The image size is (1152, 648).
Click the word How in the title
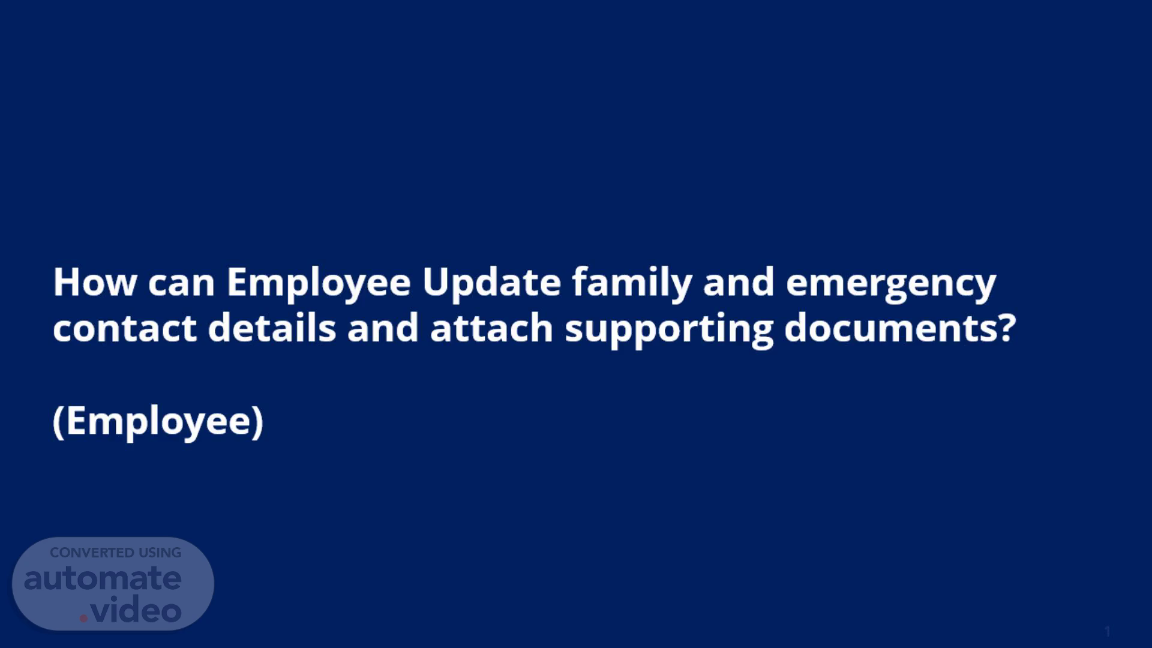tap(95, 282)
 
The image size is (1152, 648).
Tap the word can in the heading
tap(181, 284)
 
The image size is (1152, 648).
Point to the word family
tap(632, 283)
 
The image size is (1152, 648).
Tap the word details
tap(272, 328)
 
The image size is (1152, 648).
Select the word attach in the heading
tap(491, 328)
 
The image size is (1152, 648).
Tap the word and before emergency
tap(739, 282)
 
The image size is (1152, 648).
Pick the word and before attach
tap(383, 328)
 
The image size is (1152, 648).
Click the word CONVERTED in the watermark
tap(92, 553)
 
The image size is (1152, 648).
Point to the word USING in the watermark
tap(160, 553)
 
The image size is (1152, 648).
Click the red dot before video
tap(83, 617)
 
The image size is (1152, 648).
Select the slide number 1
tap(1108, 631)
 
